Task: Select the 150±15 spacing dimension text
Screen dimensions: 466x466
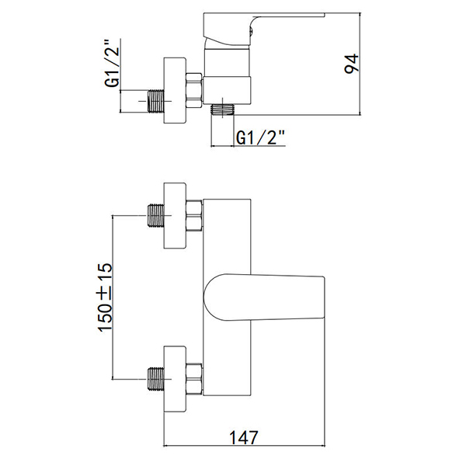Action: tap(105, 298)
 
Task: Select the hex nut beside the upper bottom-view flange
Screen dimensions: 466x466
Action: tap(193, 216)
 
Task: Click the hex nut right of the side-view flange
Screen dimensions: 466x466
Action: tap(193, 89)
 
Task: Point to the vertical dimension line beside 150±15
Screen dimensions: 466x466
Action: tap(115, 298)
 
